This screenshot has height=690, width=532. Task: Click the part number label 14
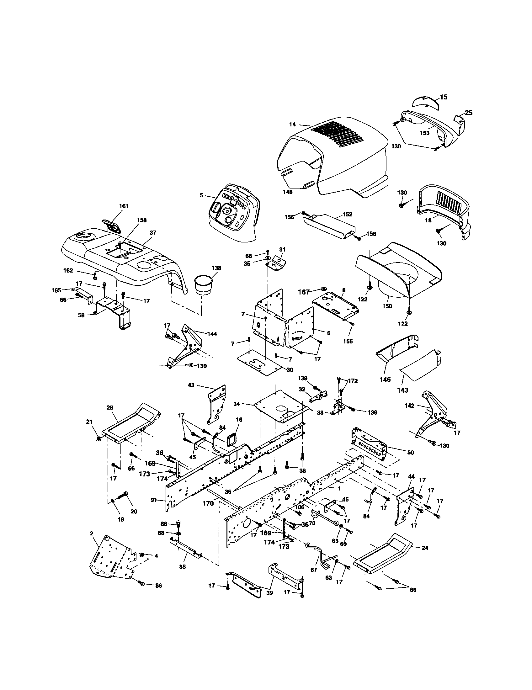tap(293, 125)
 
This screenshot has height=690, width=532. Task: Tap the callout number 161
tap(124, 206)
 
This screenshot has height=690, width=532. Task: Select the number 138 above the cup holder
tap(216, 268)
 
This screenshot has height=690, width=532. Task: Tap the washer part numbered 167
tap(324, 289)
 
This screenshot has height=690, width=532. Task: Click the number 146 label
tap(385, 379)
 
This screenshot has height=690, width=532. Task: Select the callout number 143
tap(403, 390)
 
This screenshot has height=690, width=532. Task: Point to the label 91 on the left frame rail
tap(153, 500)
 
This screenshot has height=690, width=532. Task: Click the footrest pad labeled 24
tap(382, 551)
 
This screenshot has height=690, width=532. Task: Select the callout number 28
tap(109, 407)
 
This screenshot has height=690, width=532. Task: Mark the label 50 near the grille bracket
tap(410, 452)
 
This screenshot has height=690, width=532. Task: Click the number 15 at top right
tap(444, 97)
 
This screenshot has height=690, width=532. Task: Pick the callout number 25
tap(469, 113)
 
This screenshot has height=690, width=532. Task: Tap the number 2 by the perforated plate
tap(92, 533)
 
